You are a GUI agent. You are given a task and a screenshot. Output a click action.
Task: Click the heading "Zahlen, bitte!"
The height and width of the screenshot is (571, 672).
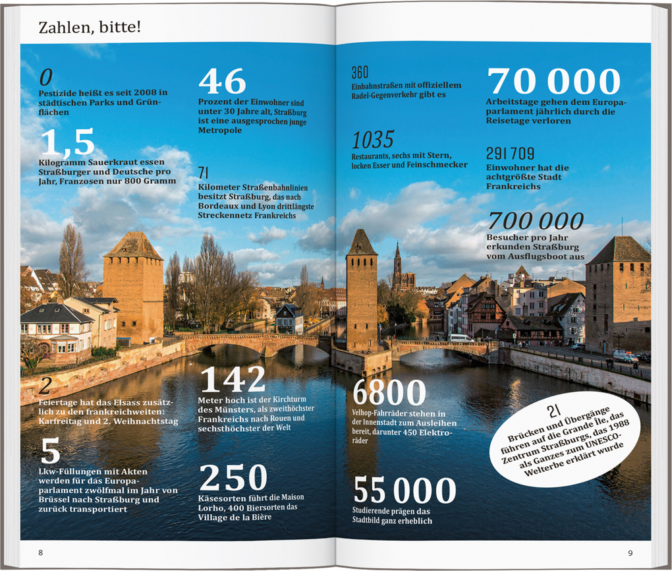[90, 27]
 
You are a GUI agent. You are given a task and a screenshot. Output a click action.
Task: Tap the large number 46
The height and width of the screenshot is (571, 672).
[222, 82]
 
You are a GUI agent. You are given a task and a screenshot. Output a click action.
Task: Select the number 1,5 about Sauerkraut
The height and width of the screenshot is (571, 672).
[67, 142]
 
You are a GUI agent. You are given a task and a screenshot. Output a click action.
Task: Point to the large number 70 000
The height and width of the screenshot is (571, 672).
[553, 82]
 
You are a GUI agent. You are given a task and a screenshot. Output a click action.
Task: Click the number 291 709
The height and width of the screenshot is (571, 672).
[510, 154]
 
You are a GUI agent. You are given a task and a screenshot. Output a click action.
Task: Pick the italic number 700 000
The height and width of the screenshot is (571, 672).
[535, 221]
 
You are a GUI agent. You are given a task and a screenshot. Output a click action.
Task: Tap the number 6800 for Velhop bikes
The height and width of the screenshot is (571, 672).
[389, 394]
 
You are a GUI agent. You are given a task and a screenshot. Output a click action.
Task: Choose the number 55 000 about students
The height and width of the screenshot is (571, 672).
[405, 491]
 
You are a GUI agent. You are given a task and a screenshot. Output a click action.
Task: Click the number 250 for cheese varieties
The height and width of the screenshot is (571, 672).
[233, 477]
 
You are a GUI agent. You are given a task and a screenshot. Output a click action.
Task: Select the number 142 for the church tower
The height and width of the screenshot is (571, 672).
[232, 380]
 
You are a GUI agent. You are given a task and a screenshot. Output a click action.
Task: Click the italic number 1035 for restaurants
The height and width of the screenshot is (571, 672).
[372, 140]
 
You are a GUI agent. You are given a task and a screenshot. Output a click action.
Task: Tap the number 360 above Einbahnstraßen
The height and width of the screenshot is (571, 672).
[360, 72]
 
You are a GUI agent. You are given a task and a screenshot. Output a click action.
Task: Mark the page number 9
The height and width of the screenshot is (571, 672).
[630, 553]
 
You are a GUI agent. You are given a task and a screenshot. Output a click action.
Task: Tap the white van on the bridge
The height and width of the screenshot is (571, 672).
[461, 338]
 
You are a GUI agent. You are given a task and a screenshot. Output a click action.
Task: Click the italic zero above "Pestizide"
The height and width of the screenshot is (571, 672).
[45, 78]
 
